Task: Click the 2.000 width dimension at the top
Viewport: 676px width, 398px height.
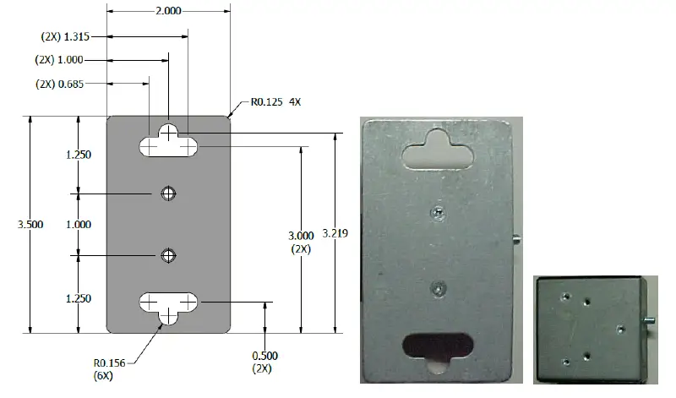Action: pos(167,11)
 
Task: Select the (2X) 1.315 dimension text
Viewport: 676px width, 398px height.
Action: pos(65,36)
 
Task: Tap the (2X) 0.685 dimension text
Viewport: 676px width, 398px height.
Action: pos(59,84)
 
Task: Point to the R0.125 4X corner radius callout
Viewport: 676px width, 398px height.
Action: pos(275,102)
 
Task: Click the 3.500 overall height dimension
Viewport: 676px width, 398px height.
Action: pos(15,224)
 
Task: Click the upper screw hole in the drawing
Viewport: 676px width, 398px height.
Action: pos(169,193)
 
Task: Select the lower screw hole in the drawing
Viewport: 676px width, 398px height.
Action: pos(169,255)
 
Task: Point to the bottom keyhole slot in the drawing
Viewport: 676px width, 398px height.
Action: pos(169,304)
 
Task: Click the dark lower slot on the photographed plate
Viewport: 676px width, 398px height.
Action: pos(437,347)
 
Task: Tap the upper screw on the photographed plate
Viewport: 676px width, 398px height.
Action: pos(436,211)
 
